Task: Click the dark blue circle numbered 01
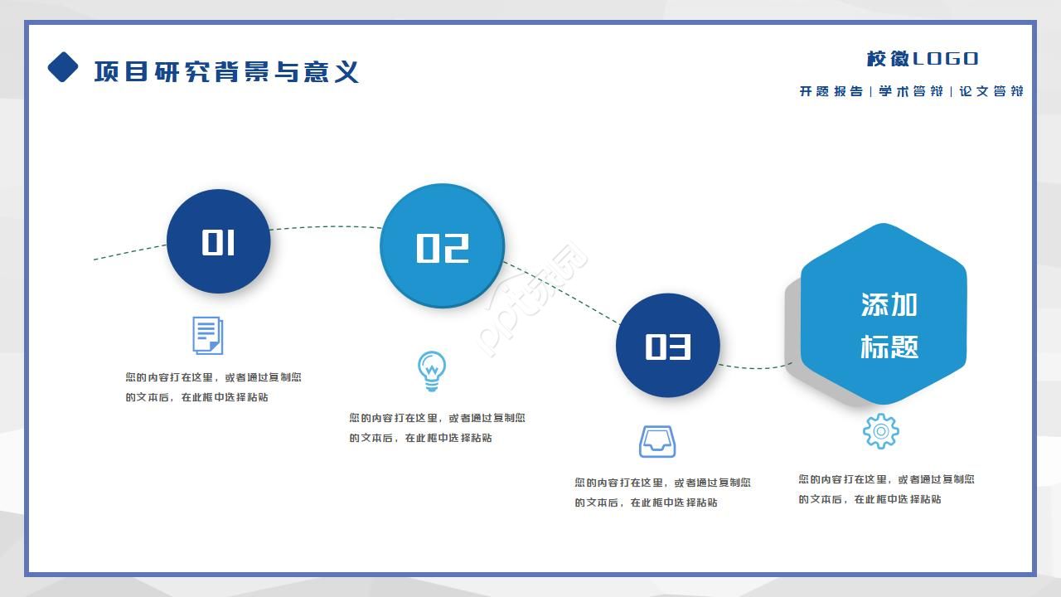click(x=219, y=241)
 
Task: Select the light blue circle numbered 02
click(x=442, y=246)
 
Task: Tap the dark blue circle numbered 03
click(x=668, y=345)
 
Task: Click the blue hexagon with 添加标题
click(x=884, y=314)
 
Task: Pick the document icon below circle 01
click(x=207, y=335)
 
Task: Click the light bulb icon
click(x=431, y=371)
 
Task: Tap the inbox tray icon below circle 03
click(x=656, y=441)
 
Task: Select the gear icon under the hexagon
click(x=880, y=431)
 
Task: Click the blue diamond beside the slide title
click(x=63, y=67)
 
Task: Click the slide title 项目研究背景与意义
click(x=226, y=71)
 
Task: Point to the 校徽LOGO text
click(x=922, y=59)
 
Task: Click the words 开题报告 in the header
click(x=831, y=91)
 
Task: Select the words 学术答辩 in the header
click(x=910, y=91)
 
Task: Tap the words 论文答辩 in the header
click(x=991, y=91)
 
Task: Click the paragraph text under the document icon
click(x=213, y=387)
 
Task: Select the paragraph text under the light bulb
click(x=437, y=428)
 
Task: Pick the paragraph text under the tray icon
click(x=662, y=492)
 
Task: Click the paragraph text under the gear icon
click(x=886, y=489)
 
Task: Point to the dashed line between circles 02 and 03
click(x=560, y=293)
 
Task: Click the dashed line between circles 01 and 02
click(x=325, y=226)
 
